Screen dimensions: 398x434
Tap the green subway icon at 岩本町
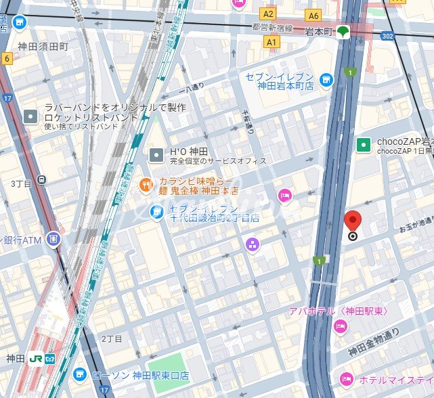[x=344, y=31]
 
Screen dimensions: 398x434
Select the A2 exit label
[x=269, y=14]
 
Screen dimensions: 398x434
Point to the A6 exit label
[x=313, y=15]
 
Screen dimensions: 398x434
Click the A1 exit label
[x=272, y=42]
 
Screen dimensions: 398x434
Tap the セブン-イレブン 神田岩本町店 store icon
[x=327, y=81]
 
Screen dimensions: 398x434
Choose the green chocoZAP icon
[x=364, y=144]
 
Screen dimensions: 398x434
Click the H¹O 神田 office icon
[x=156, y=155]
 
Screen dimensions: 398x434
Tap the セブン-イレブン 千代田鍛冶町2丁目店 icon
[x=156, y=213]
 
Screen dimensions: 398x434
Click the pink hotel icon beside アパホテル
[x=340, y=327]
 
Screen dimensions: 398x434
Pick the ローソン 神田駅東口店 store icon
[x=80, y=374]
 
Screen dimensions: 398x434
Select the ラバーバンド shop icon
[x=30, y=116]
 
